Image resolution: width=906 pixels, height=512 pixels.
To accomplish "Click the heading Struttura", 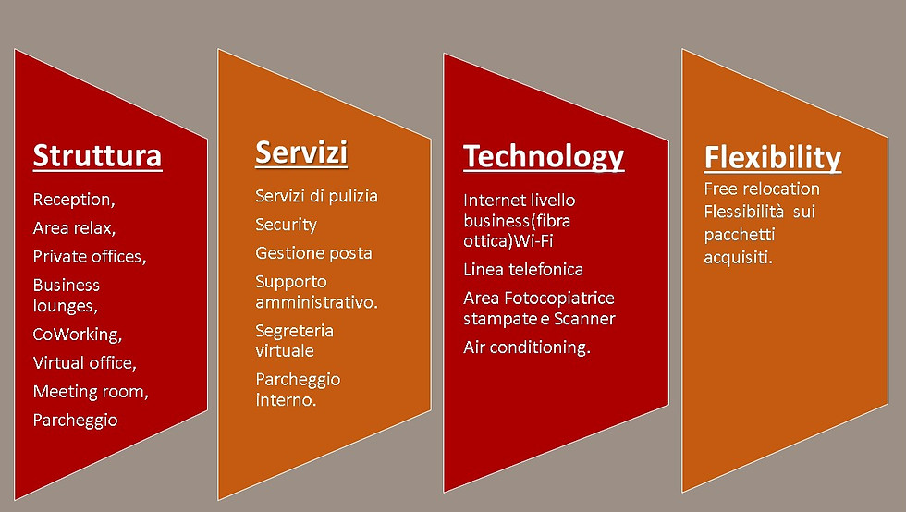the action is pyautogui.click(x=97, y=156).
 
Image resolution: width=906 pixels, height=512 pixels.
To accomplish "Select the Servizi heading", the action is pyautogui.click(x=301, y=152).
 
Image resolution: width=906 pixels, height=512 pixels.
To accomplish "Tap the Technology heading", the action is pyautogui.click(x=544, y=157).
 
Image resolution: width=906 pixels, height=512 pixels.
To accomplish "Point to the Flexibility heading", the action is pyautogui.click(x=773, y=158).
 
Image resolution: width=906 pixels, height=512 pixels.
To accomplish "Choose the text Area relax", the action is pyautogui.click(x=74, y=227).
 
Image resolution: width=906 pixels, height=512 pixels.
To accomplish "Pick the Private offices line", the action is pyautogui.click(x=90, y=256).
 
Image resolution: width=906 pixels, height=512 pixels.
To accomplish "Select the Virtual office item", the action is pyautogui.click(x=84, y=363).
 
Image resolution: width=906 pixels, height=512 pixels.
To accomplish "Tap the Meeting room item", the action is pyautogui.click(x=91, y=391).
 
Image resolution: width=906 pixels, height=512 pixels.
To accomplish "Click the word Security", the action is pyautogui.click(x=286, y=225).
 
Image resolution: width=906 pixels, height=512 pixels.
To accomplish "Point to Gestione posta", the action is pyautogui.click(x=313, y=253).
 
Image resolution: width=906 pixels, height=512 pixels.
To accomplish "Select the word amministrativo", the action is pyautogui.click(x=316, y=301).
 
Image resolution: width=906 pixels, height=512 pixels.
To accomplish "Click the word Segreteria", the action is pyautogui.click(x=294, y=331).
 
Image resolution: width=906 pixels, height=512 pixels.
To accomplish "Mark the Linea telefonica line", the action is pyautogui.click(x=523, y=269).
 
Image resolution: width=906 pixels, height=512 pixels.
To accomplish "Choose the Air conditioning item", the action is pyautogui.click(x=526, y=347).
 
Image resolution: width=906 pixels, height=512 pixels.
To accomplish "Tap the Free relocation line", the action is pyautogui.click(x=762, y=189).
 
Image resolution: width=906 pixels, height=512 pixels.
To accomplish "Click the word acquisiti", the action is pyautogui.click(x=738, y=257).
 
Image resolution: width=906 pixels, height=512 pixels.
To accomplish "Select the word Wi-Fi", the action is pyautogui.click(x=533, y=240).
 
